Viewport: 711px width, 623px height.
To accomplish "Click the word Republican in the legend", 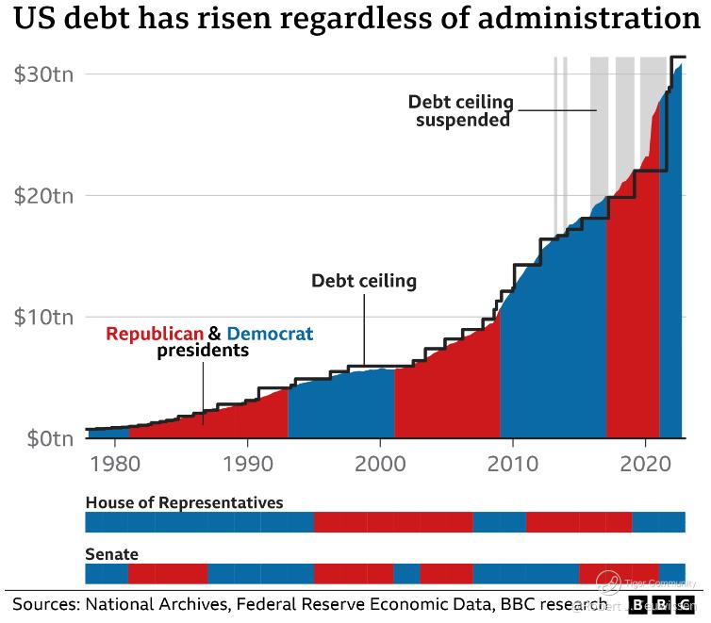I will coord(155,334).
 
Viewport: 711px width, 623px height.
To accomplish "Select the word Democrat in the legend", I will coord(271,334).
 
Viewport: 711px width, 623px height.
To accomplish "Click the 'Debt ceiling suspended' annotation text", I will coord(461,110).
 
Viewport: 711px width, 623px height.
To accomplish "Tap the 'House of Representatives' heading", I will coord(184,502).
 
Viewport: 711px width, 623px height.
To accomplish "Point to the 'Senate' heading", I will coord(111,554).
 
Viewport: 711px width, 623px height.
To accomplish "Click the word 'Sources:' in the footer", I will coord(44,603).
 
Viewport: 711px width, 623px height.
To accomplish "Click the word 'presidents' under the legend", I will coord(202,352).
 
